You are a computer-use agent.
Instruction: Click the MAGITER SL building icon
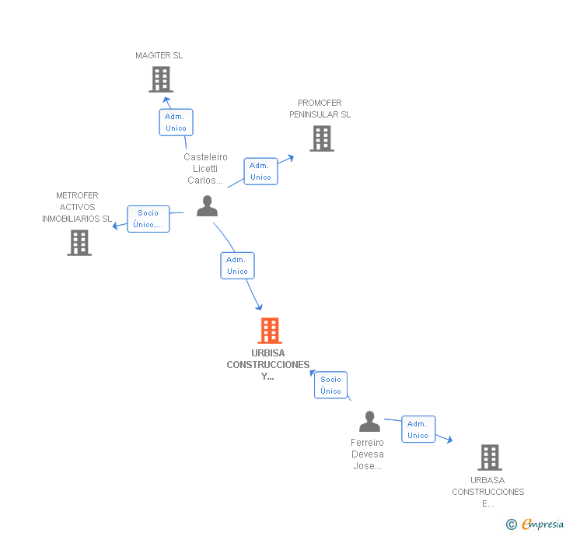tap(160, 79)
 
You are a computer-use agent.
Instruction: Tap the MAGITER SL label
tap(159, 56)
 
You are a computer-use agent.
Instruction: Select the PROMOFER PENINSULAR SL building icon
tap(321, 139)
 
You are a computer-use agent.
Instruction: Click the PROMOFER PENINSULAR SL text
tap(320, 109)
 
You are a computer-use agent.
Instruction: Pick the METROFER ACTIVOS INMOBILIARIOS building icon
tap(79, 243)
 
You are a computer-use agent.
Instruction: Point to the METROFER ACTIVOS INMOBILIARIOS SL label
tap(77, 207)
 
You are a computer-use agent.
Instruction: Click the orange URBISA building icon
tap(269, 331)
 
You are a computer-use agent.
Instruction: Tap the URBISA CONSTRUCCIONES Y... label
tap(268, 364)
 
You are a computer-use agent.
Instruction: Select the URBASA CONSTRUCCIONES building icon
tap(489, 458)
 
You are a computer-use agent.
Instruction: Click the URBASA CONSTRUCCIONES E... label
tap(488, 492)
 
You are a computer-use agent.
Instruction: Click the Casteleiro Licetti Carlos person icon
tap(207, 205)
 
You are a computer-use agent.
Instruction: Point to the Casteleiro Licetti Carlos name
tap(206, 169)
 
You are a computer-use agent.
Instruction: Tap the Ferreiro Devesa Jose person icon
tap(369, 422)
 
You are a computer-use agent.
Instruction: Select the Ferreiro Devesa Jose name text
tap(367, 454)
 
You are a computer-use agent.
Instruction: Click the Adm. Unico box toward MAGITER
tap(176, 122)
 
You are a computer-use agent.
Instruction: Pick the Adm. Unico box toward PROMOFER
tap(260, 171)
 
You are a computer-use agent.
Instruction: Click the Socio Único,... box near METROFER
tap(148, 219)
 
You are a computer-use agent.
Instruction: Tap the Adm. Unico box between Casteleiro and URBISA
tap(237, 265)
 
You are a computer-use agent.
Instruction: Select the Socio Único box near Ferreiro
tap(330, 385)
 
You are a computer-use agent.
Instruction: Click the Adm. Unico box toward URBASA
tap(418, 430)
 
